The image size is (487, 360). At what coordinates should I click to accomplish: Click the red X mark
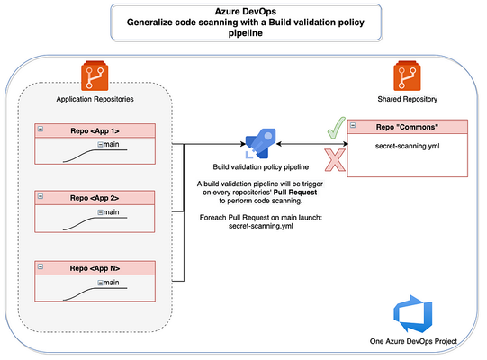[x=335, y=160]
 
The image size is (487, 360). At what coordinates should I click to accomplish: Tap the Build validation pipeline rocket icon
[x=260, y=143]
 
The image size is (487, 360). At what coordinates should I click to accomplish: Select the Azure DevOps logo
[x=412, y=314]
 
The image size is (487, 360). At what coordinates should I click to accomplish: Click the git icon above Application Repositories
[x=95, y=76]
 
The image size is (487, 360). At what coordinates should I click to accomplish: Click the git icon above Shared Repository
[x=407, y=76]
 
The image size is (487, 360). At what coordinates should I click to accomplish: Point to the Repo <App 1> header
[x=95, y=130]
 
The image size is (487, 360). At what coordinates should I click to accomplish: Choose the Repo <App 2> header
[x=95, y=198]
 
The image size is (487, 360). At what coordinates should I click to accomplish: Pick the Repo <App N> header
[x=95, y=268]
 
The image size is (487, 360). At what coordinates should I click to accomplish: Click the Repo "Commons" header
[x=408, y=127]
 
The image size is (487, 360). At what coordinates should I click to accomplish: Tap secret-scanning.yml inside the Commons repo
[x=408, y=146]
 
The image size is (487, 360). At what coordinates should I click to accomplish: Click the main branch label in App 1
[x=111, y=144]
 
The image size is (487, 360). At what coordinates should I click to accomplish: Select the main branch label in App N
[x=111, y=283]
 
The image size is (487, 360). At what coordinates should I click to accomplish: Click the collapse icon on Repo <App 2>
[x=41, y=196]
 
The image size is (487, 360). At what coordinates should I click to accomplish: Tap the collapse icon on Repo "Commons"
[x=353, y=125]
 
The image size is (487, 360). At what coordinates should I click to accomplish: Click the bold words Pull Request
[x=295, y=193]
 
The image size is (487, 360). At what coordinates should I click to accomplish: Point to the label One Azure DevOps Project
[x=413, y=341]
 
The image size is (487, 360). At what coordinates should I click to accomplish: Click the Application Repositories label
[x=95, y=99]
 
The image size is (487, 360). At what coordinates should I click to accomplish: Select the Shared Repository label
[x=408, y=99]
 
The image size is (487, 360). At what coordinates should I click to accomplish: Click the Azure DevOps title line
[x=246, y=12]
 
